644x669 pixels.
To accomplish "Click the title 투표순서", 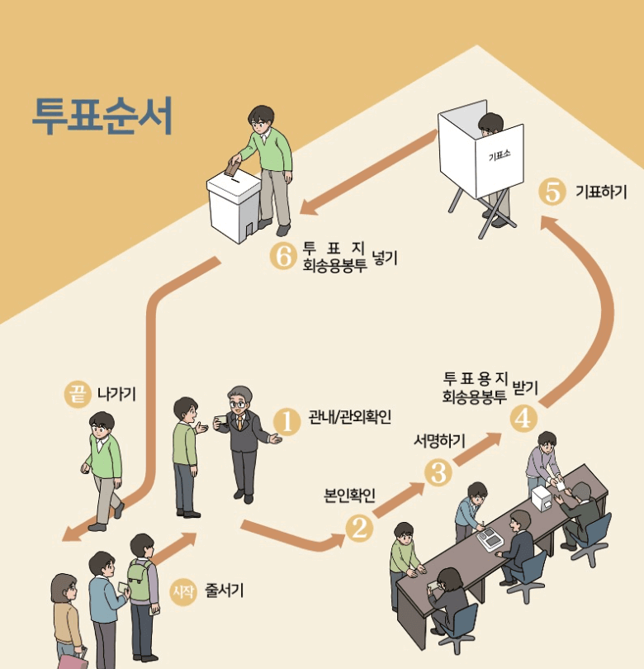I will point(102,116).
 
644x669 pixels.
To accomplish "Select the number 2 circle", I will point(359,528).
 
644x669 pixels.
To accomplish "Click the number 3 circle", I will point(438,472).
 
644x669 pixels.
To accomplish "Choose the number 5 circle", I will point(551,192).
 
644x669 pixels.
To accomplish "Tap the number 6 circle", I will point(282,257).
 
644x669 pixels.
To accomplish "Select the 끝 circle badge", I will point(77,394).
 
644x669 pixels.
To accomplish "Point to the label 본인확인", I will point(349,496).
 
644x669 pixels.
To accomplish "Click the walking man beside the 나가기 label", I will point(102,467).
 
